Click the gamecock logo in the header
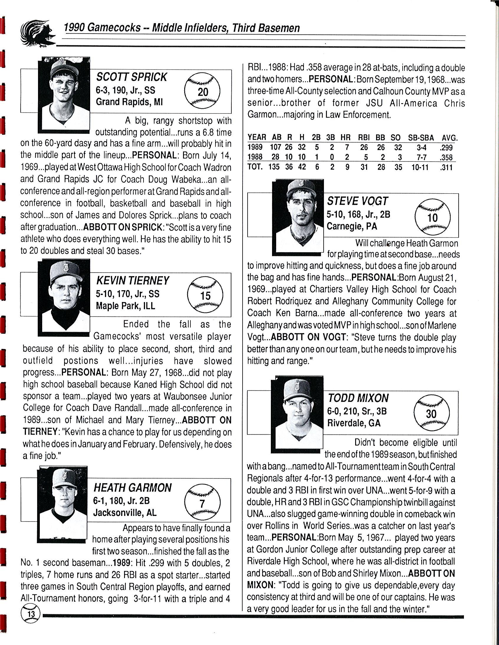[37, 33]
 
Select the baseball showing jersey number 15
[205, 294]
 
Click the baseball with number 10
[432, 217]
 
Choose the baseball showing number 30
[431, 413]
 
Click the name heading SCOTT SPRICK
[131, 77]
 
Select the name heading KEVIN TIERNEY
[133, 280]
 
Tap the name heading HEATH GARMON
[132, 488]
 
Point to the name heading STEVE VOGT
[357, 201]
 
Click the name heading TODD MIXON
[358, 398]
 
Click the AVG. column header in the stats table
[449, 137]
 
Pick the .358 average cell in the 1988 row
[446, 157]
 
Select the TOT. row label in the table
[255, 167]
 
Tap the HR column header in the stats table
[345, 137]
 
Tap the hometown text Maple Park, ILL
[125, 306]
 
